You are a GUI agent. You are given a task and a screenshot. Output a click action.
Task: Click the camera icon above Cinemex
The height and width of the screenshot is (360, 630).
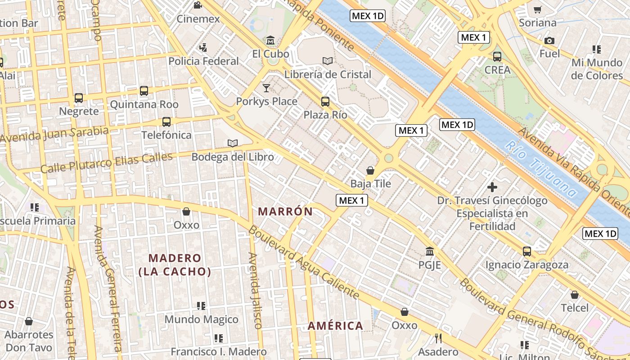point(197,5)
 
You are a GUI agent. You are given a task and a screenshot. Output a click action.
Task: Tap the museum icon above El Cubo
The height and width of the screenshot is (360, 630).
point(270,40)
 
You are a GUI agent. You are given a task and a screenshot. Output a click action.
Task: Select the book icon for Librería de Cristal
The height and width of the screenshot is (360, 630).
point(328,61)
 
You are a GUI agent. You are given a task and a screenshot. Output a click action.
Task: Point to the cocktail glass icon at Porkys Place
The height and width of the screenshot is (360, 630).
point(266,88)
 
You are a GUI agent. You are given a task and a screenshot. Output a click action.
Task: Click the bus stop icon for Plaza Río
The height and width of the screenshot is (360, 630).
point(325,102)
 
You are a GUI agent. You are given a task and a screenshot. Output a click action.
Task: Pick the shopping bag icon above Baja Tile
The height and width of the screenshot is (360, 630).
point(370,171)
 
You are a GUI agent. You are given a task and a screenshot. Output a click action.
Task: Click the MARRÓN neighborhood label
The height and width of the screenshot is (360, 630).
point(285,211)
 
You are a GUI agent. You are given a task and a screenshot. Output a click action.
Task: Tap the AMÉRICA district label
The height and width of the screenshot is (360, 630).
point(335,326)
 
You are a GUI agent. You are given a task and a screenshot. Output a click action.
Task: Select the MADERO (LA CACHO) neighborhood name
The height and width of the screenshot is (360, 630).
point(175,265)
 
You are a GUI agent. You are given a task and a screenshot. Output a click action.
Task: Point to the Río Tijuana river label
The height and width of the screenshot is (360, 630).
point(540,169)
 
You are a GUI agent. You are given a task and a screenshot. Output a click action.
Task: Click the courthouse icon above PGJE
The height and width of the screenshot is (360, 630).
point(430,251)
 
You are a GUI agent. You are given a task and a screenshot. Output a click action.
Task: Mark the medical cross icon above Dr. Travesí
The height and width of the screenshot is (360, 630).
point(492,187)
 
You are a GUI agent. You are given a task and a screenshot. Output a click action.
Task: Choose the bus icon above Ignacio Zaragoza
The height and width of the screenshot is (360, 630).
point(526,252)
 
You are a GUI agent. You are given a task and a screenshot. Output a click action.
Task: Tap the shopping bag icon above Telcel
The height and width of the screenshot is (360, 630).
point(575,295)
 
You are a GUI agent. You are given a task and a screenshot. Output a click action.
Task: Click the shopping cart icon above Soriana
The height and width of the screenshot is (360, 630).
point(537,9)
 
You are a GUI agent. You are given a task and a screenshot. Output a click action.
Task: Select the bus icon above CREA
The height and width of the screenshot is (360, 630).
point(497,57)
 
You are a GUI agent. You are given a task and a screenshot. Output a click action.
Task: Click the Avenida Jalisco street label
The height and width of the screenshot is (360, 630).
point(255,290)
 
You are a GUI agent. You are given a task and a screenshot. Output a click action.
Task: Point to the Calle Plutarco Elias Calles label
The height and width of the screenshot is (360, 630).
point(107,163)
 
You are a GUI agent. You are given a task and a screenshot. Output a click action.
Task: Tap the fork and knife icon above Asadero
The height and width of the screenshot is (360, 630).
point(438,338)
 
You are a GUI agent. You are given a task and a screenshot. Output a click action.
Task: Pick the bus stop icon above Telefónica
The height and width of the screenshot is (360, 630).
point(166,121)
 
